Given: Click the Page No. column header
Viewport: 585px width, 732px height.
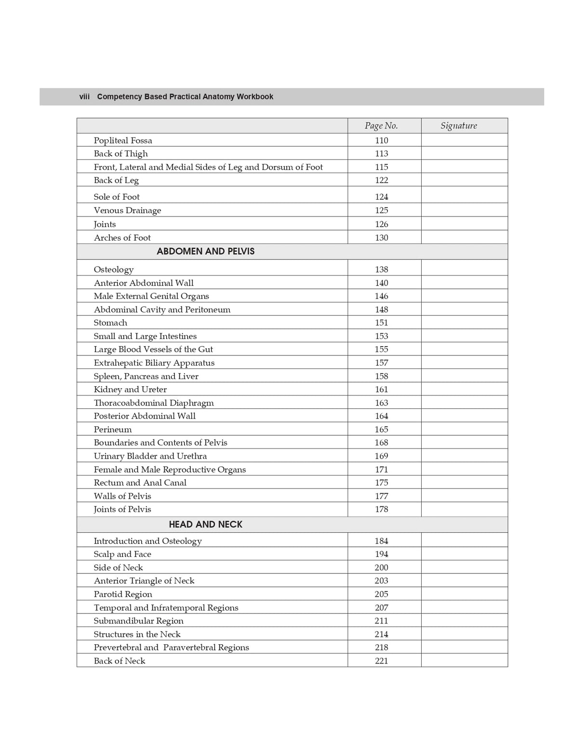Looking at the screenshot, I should click(381, 126).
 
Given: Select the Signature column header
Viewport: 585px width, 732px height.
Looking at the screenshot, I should click(458, 126).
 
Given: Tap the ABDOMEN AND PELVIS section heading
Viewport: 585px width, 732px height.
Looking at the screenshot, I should click(205, 251).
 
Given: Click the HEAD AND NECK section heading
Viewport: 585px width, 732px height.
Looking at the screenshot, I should click(205, 524).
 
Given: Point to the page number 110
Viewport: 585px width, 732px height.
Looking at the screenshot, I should click(381, 140).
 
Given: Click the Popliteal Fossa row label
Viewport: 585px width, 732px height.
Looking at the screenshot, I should click(123, 140).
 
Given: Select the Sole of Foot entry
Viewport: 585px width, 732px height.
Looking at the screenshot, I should click(117, 197).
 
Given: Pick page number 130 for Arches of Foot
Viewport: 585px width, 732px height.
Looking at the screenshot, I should click(381, 238).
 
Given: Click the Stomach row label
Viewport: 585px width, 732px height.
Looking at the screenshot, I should click(110, 323).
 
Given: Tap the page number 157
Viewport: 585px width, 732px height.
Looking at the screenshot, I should click(381, 363).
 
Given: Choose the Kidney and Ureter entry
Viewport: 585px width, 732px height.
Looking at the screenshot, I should click(130, 389).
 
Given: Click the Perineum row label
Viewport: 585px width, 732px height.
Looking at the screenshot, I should click(112, 429).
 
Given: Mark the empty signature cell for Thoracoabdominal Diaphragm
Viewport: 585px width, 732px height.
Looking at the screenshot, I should click(464, 403).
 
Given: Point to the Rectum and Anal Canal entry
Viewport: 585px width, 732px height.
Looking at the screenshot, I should click(140, 483).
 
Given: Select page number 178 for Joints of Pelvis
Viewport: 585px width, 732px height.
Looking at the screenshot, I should click(381, 509).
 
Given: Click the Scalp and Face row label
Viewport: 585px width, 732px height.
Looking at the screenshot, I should click(122, 554).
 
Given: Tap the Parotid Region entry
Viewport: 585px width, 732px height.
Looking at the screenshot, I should click(123, 594).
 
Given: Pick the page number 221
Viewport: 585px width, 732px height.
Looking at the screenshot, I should click(381, 661).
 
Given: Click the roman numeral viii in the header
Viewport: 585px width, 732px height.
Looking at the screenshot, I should click(84, 97).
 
